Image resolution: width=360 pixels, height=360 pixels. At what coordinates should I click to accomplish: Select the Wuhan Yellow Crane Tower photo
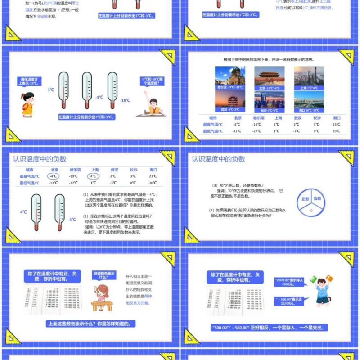(230, 102)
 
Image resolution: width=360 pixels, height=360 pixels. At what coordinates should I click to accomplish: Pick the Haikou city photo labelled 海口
(309, 102)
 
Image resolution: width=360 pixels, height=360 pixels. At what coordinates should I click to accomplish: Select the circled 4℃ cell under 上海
(94, 176)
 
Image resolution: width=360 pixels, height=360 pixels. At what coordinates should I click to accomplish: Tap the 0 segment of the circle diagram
(311, 210)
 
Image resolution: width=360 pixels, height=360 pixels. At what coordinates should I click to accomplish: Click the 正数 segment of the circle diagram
(305, 199)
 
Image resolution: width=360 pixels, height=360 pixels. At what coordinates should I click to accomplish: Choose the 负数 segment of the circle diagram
(317, 199)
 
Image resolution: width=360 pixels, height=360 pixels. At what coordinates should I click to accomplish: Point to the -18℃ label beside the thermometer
(125, 100)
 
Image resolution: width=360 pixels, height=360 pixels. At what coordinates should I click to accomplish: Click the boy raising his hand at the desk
(153, 104)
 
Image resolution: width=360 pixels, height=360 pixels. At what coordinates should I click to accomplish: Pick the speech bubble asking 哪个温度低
(150, 81)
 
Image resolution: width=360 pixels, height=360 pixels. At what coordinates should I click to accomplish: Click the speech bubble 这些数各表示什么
(103, 275)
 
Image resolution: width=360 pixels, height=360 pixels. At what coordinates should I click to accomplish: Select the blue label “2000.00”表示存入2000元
(289, 282)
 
